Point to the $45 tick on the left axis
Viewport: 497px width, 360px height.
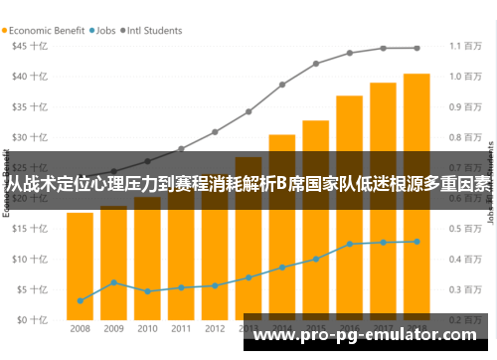point(26,46)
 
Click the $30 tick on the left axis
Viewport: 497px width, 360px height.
point(26,137)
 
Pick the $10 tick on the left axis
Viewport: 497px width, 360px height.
point(26,260)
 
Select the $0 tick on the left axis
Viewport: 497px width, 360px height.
point(28,320)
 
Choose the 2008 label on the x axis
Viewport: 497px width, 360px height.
point(81,328)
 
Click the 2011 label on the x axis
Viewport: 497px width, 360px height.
point(181,328)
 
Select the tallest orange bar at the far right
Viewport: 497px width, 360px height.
point(416,199)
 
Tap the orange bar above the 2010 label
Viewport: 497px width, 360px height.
point(147,259)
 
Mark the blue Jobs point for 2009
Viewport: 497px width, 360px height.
point(114,282)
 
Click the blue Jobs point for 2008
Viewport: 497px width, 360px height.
point(81,300)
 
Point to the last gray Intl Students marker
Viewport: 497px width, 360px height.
point(416,48)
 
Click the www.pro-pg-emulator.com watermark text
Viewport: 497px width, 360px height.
point(368,335)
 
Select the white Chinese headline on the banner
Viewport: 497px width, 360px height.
point(248,183)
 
